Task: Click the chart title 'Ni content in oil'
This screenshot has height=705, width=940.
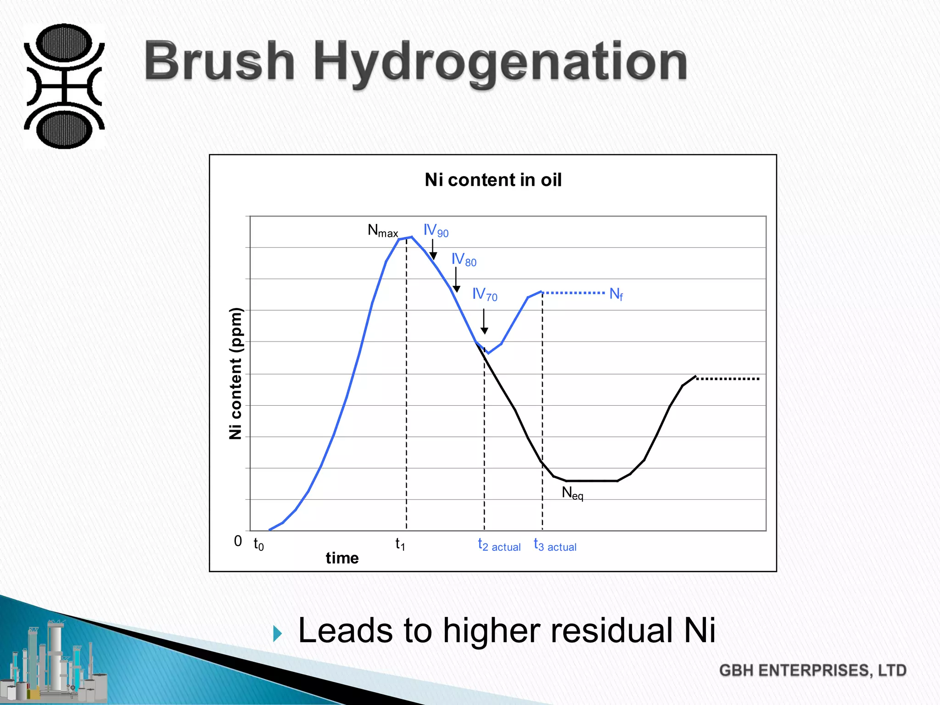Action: (x=493, y=180)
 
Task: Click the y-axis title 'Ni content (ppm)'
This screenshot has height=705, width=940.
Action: (x=235, y=373)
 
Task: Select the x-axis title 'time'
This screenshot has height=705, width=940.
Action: (x=342, y=558)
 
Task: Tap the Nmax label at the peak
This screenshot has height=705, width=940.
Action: (x=383, y=230)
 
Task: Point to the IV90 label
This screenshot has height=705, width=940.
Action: (x=436, y=230)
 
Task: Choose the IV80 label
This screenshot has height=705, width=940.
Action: (x=464, y=260)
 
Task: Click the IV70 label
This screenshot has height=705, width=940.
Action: (x=485, y=294)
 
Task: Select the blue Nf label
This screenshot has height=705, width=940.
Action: (x=616, y=294)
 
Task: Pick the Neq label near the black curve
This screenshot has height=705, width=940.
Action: (x=572, y=493)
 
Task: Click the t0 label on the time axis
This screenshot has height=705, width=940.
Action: (x=258, y=544)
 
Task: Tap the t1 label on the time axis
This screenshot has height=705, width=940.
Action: (x=400, y=544)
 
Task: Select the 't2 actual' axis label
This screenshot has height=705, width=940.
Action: (x=499, y=545)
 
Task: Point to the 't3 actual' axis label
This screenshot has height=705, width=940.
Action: (x=555, y=545)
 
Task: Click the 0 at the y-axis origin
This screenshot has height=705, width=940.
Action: (x=238, y=541)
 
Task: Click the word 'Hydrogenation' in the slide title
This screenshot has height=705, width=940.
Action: (x=500, y=62)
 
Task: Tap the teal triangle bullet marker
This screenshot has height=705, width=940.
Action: (x=277, y=634)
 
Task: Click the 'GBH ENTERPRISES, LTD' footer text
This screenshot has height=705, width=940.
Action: (x=812, y=671)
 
